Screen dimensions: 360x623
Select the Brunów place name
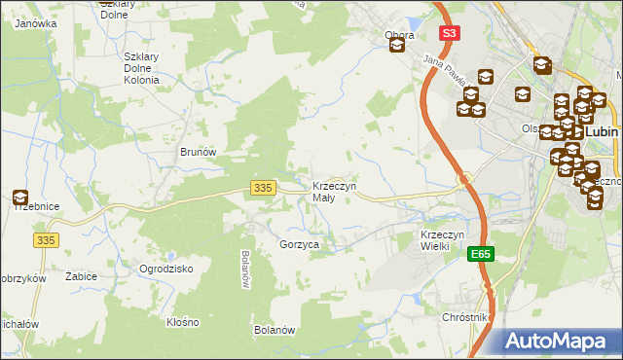pyautogui.click(x=197, y=152)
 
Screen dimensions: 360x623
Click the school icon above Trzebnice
pyautogui.click(x=20, y=198)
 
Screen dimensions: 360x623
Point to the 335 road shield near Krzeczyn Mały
pyautogui.click(x=261, y=188)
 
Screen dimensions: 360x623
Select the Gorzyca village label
pyautogui.click(x=299, y=245)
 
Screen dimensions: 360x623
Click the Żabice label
pyautogui.click(x=81, y=276)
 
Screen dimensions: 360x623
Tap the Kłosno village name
pyautogui.click(x=182, y=321)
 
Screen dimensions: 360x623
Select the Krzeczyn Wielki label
pyautogui.click(x=447, y=240)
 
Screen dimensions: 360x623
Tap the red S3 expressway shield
pyautogui.click(x=448, y=32)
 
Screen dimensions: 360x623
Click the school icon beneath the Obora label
pyautogui.click(x=396, y=46)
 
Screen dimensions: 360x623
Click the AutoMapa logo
pyautogui.click(x=562, y=340)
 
